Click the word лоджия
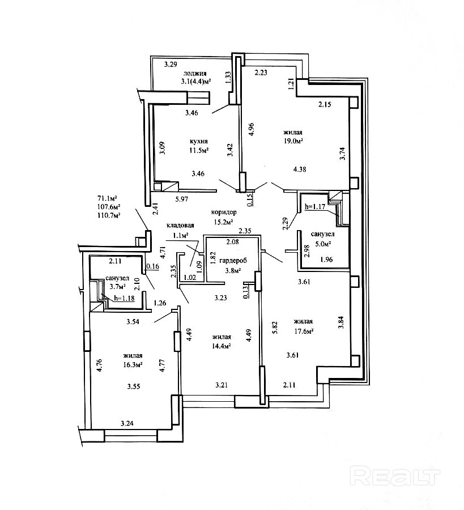(x=195, y=74)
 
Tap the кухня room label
(x=199, y=142)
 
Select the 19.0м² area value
(x=293, y=141)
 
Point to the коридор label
(x=224, y=212)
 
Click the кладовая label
(x=180, y=226)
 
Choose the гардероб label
(x=233, y=261)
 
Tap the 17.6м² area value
(x=303, y=331)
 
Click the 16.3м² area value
(x=133, y=364)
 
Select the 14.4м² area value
(x=222, y=346)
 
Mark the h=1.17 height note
(x=315, y=206)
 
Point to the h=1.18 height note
(x=124, y=298)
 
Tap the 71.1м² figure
(x=107, y=198)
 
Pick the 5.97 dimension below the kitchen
(x=182, y=199)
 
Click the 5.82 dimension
(x=275, y=328)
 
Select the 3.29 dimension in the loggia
(x=171, y=65)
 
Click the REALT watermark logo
(x=395, y=477)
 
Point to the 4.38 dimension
(x=300, y=169)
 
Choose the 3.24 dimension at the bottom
(x=127, y=423)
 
